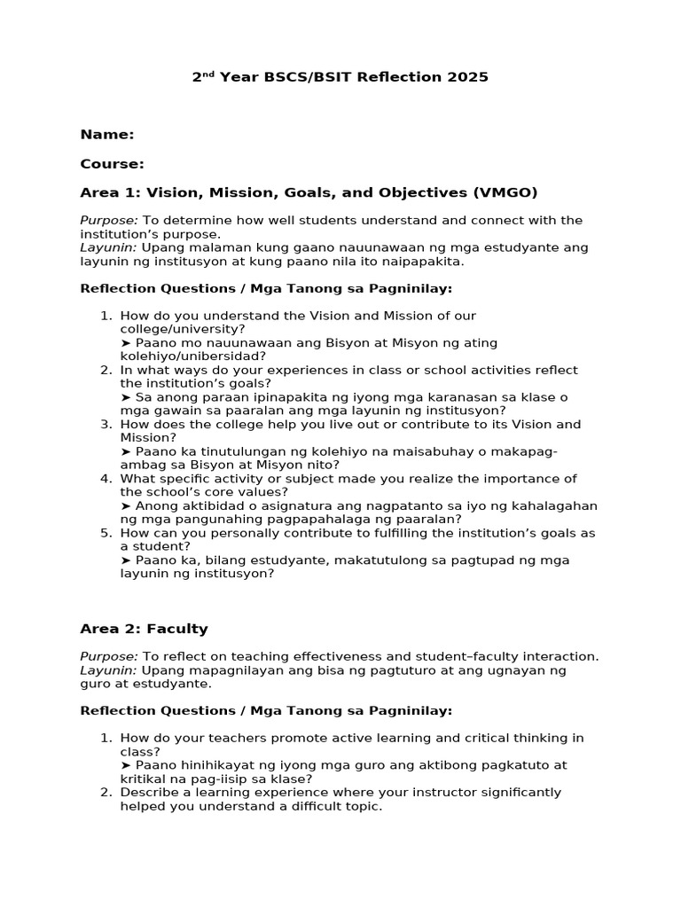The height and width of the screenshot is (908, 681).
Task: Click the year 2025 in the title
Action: [469, 77]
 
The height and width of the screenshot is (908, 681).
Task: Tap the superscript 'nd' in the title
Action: [209, 74]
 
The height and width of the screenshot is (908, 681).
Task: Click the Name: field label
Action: [107, 135]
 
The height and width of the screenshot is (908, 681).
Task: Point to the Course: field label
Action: [112, 164]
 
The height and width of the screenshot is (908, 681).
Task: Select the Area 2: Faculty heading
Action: [144, 629]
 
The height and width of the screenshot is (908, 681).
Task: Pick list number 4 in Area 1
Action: [106, 479]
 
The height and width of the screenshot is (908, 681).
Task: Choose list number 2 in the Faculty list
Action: [106, 792]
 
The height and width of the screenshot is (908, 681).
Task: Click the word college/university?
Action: [183, 329]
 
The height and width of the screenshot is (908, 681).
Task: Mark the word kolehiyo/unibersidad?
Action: [192, 356]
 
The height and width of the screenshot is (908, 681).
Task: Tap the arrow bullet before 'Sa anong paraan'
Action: [125, 397]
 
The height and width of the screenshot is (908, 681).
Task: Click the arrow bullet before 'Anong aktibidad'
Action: [125, 505]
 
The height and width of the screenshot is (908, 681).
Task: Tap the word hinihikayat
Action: [213, 764]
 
